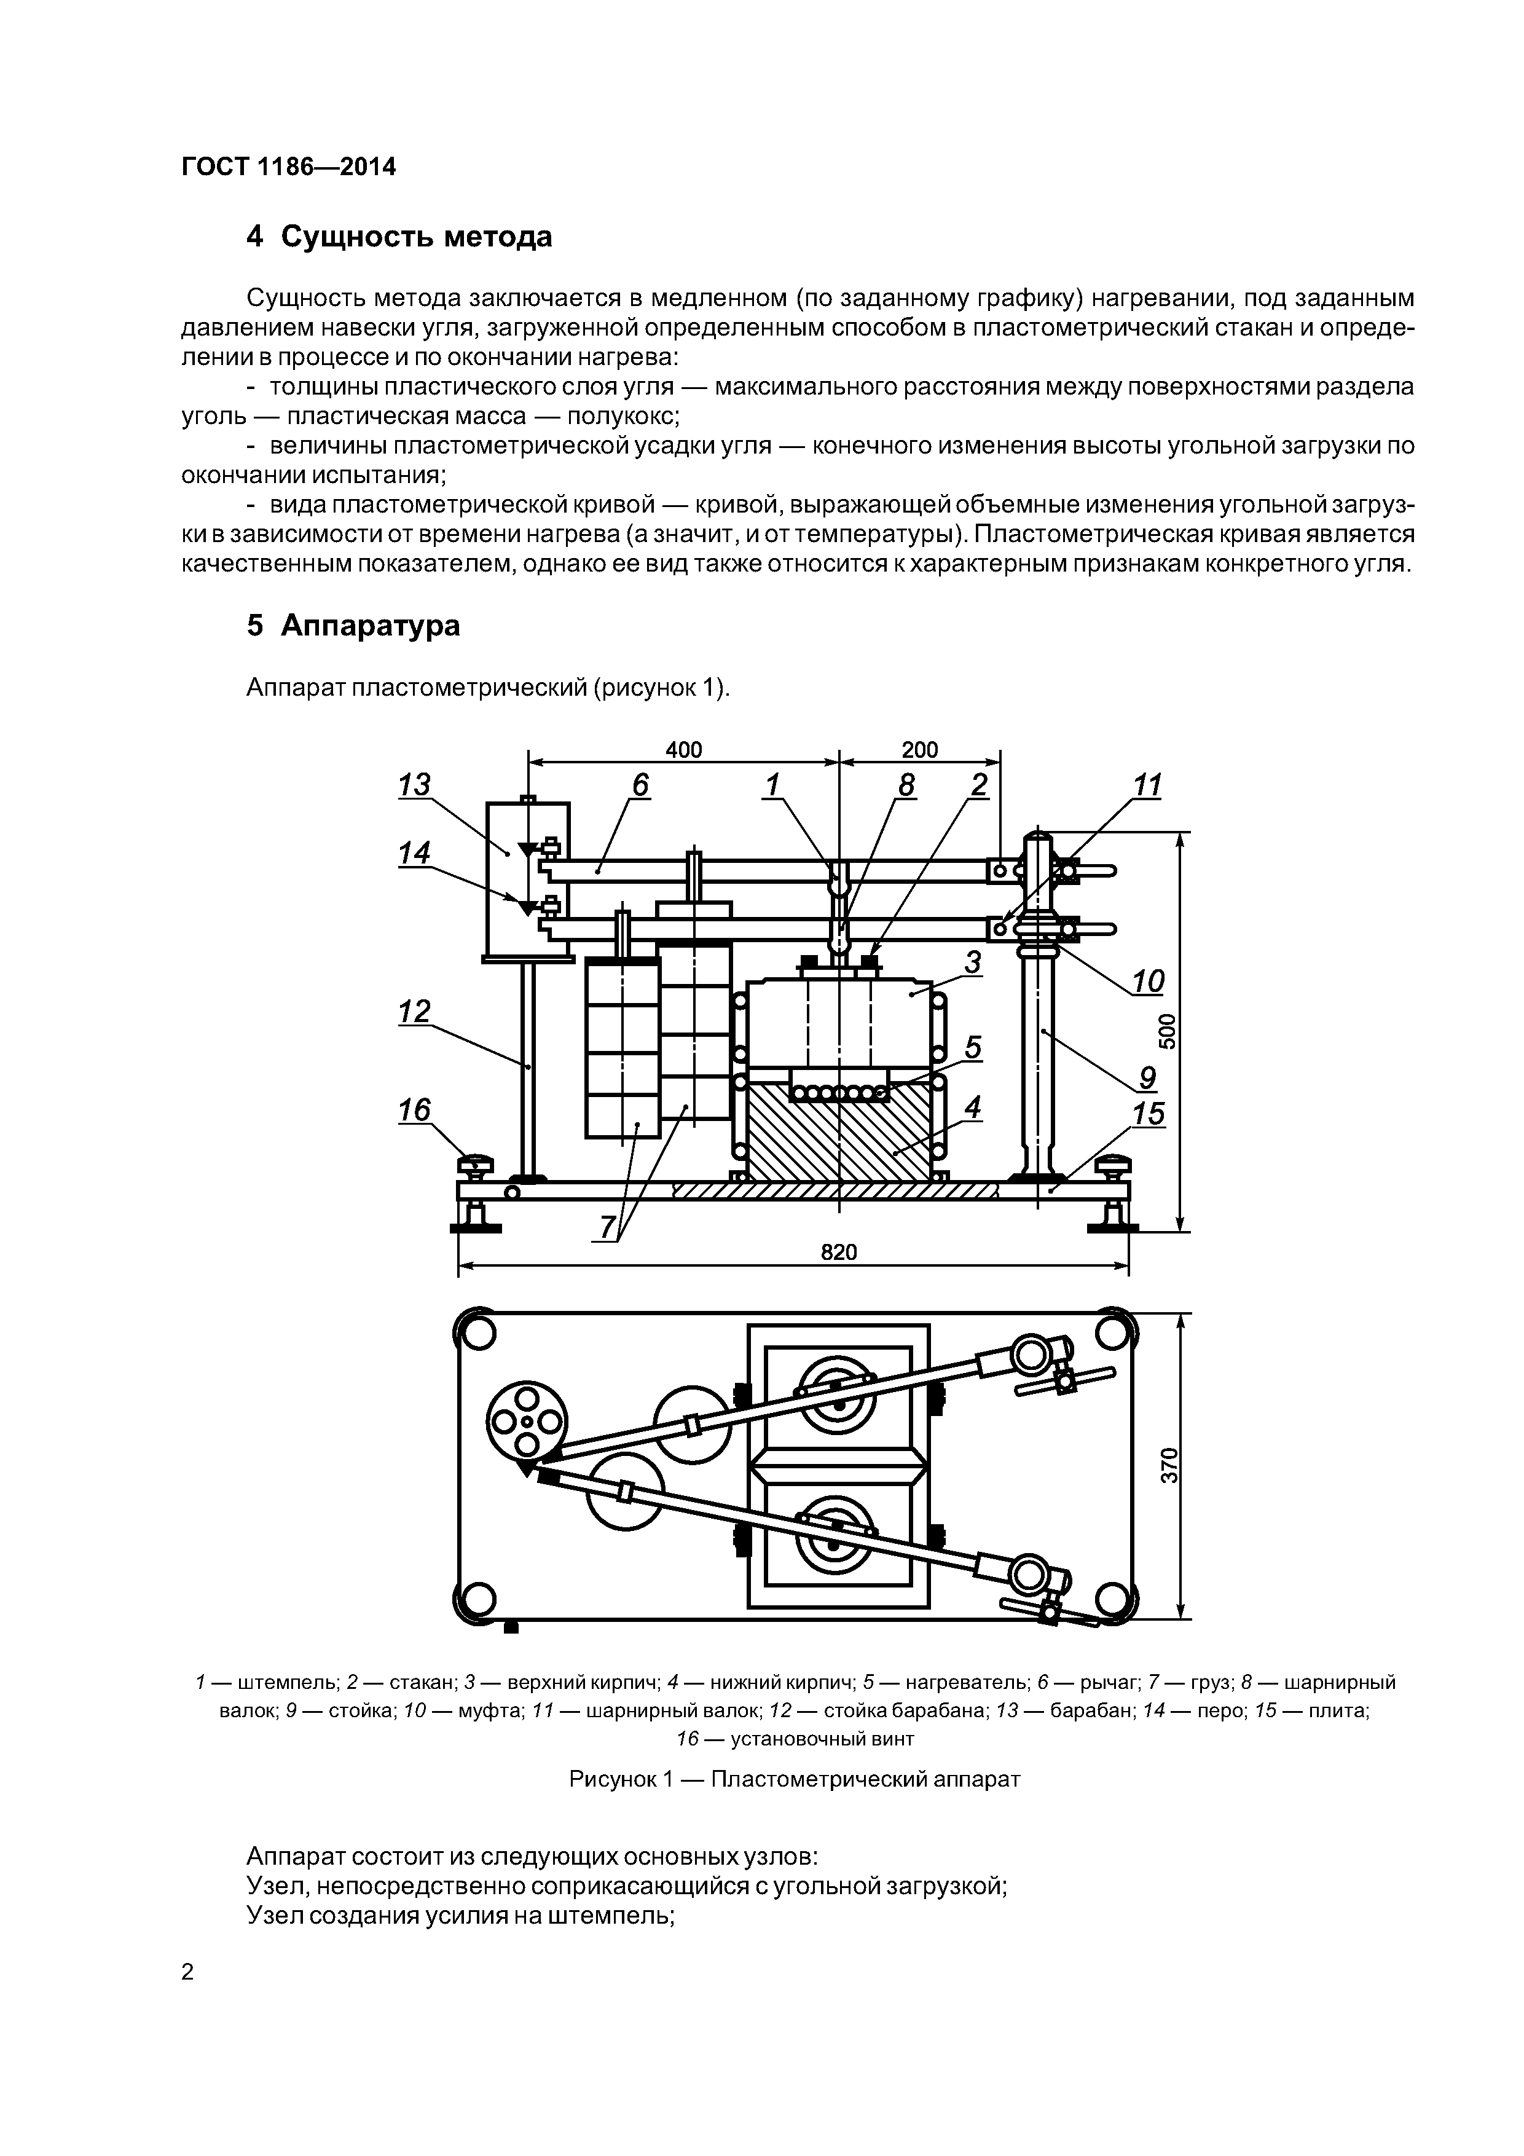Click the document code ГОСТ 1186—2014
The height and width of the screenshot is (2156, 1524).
click(x=288, y=167)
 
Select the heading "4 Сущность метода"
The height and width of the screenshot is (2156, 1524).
click(x=399, y=237)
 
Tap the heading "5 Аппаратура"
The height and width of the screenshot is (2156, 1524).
click(x=353, y=626)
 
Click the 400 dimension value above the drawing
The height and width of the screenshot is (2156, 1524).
click(x=683, y=749)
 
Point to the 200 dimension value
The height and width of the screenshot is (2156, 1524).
click(x=919, y=749)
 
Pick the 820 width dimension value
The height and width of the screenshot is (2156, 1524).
click(x=839, y=1252)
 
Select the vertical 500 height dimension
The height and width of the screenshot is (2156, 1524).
click(x=1167, y=1031)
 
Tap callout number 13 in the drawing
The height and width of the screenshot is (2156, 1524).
click(x=414, y=784)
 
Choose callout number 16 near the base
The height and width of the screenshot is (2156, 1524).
click(x=414, y=1111)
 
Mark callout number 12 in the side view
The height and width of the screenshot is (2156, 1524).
click(x=414, y=1012)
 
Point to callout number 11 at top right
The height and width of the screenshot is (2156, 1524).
click(x=1147, y=784)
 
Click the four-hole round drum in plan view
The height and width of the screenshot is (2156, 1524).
click(x=527, y=1423)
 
